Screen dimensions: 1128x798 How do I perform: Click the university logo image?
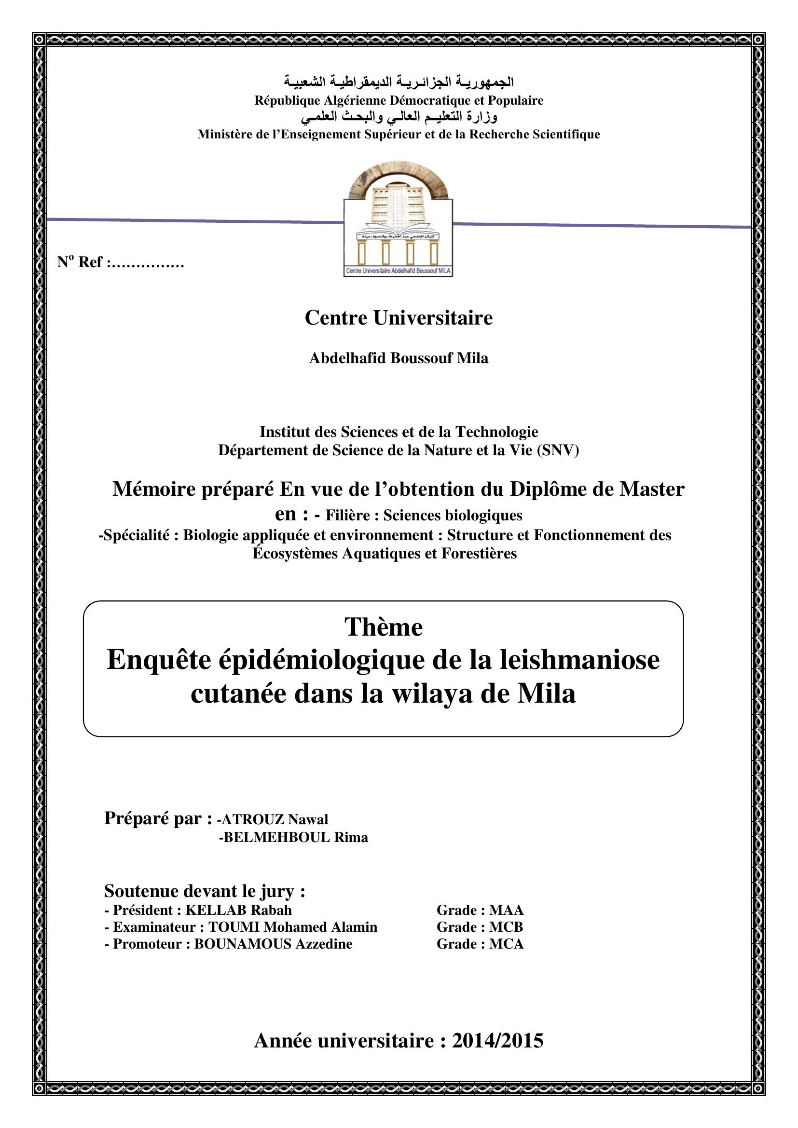pyautogui.click(x=398, y=219)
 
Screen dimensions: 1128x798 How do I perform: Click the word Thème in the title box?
pyautogui.click(x=383, y=627)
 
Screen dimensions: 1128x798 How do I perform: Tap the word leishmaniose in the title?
pyautogui.click(x=580, y=660)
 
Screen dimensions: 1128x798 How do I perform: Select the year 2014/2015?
pyautogui.click(x=497, y=1041)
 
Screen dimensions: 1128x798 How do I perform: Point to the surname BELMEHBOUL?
pyautogui.click(x=275, y=837)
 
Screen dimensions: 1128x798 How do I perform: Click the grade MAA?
pyautogui.click(x=507, y=911)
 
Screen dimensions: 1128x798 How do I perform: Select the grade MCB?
pyautogui.click(x=506, y=927)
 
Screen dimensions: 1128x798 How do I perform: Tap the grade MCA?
pyautogui.click(x=507, y=944)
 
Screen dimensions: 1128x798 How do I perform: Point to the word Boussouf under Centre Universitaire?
pyautogui.click(x=422, y=358)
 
